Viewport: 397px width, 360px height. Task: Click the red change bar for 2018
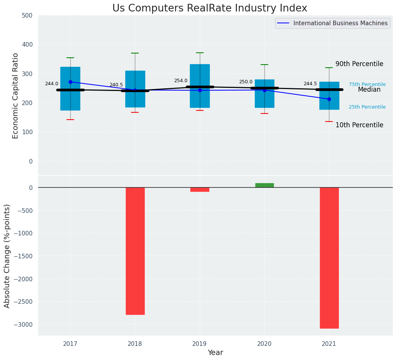point(135,251)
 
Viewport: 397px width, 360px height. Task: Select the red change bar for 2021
point(329,258)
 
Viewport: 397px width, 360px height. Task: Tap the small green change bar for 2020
point(264,185)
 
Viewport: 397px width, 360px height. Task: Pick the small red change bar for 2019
point(200,190)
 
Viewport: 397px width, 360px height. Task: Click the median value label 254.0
point(181,81)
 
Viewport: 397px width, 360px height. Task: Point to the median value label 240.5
point(116,85)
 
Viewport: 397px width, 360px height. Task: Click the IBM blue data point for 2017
point(70,82)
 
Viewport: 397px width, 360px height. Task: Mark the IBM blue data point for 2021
point(329,99)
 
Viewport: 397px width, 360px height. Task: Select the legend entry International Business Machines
point(340,23)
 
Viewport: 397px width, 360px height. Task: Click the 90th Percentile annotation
point(359,64)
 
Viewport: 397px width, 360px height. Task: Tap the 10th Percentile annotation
point(359,125)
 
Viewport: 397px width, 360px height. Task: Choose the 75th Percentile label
point(367,84)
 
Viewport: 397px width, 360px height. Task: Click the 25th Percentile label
point(367,107)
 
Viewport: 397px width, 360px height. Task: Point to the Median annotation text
point(369,90)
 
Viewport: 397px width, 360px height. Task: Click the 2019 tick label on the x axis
point(199,344)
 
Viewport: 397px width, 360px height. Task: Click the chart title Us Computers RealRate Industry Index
point(209,8)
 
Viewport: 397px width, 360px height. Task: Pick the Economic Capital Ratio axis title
point(16,96)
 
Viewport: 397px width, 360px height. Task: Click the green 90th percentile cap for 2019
point(200,53)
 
